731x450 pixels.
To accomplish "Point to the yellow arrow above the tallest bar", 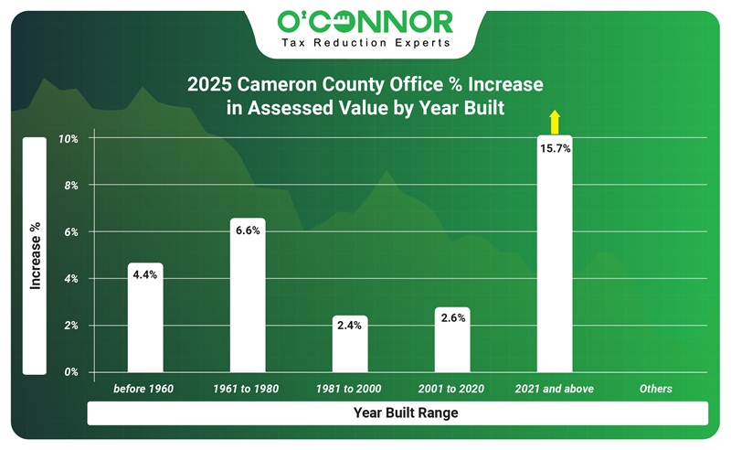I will [x=554, y=122].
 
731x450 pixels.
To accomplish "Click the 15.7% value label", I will [x=555, y=148].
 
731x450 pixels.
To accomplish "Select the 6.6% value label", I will [x=247, y=230].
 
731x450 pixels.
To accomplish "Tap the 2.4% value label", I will [x=349, y=327].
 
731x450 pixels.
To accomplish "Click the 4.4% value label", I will [x=144, y=274].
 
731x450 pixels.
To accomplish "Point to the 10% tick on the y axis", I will [x=69, y=139].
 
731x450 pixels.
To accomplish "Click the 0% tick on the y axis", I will [x=71, y=372].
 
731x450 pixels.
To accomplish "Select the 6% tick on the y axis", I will [x=71, y=232].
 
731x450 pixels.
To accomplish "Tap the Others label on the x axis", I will [x=656, y=389].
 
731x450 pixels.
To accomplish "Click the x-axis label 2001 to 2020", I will [x=451, y=389].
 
